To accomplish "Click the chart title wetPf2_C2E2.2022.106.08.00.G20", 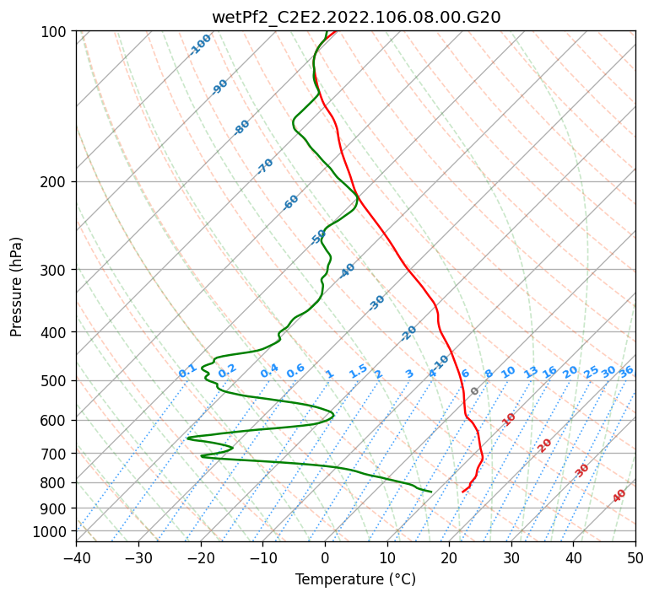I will pos(355,17).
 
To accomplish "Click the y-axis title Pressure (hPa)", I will pos(17,287).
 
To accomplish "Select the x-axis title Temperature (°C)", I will pos(355,579).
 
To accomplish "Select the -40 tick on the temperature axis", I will pos(76,557).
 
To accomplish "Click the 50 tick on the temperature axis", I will pos(635,557).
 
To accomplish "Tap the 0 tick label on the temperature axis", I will pos(325,557).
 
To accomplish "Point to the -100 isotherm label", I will pos(200,44).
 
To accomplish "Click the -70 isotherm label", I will pos(266,166).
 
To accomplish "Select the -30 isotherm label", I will pos(377,302).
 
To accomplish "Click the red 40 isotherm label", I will pos(620,495).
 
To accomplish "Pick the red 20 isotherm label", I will pos(545,444).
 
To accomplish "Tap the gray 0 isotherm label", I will pos(475,391).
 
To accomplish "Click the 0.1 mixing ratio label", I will pos(187,370).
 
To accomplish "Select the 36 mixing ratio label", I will pos(626,371).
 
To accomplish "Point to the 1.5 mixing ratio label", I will pos(358,370).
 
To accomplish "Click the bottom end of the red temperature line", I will pos(462,492).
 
